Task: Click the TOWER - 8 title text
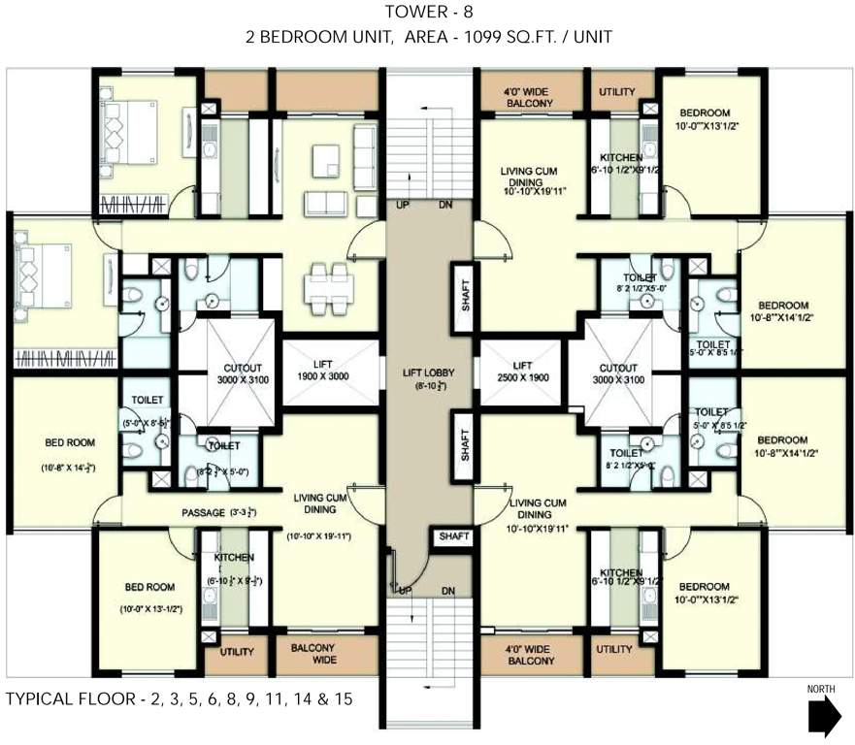[x=428, y=13]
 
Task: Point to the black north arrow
[x=823, y=716]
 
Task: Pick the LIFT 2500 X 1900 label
[x=522, y=370]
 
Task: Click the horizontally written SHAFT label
[x=454, y=536]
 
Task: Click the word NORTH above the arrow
[x=822, y=690]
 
